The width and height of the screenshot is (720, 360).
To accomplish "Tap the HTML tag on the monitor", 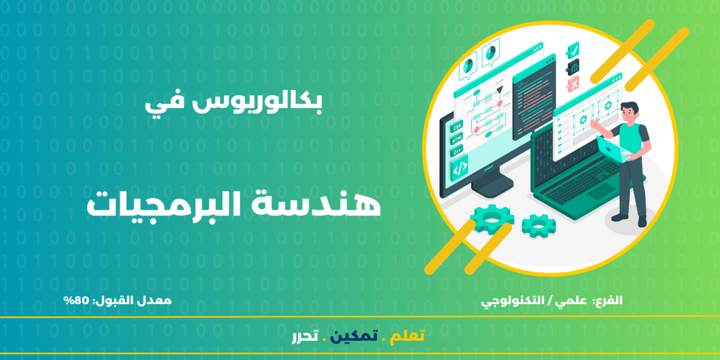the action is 457,139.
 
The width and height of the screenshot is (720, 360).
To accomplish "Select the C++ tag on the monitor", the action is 457,151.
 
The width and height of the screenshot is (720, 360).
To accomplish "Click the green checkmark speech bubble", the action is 573,50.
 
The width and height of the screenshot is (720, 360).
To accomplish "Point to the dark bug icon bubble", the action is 573,67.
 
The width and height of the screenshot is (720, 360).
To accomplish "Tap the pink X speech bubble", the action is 573,84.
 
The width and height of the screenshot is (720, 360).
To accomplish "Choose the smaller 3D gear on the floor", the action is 539,226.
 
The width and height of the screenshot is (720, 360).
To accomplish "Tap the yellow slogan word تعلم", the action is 407,336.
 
